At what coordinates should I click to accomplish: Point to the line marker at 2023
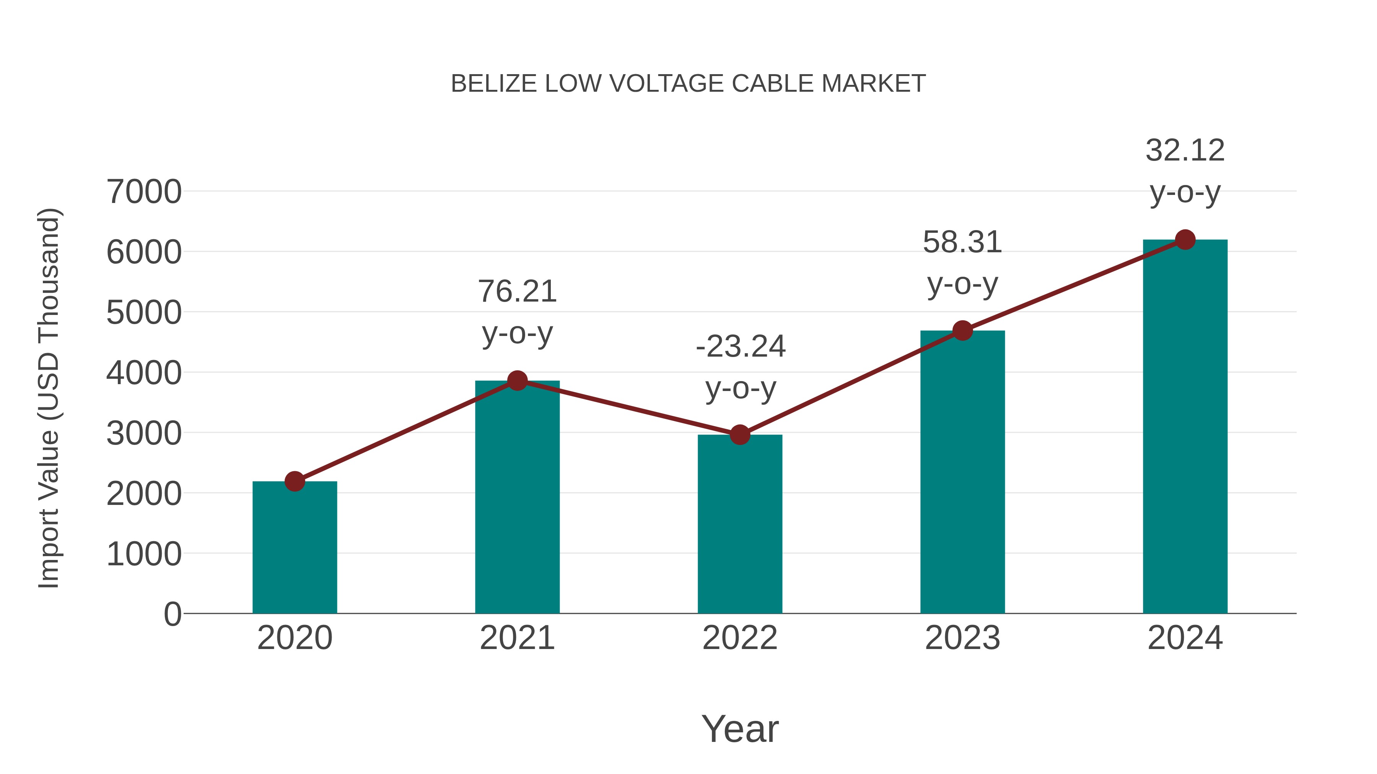tap(962, 331)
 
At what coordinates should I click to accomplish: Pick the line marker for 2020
tap(295, 481)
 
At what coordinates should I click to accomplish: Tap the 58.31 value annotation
tap(962, 242)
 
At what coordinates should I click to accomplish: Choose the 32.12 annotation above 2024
tap(1185, 151)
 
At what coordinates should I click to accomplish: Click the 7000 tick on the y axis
tap(144, 192)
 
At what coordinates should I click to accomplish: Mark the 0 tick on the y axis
tap(173, 614)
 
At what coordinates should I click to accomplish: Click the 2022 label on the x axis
tap(740, 638)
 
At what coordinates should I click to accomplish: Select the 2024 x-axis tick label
tap(1185, 638)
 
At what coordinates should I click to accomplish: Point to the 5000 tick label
tap(144, 313)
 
